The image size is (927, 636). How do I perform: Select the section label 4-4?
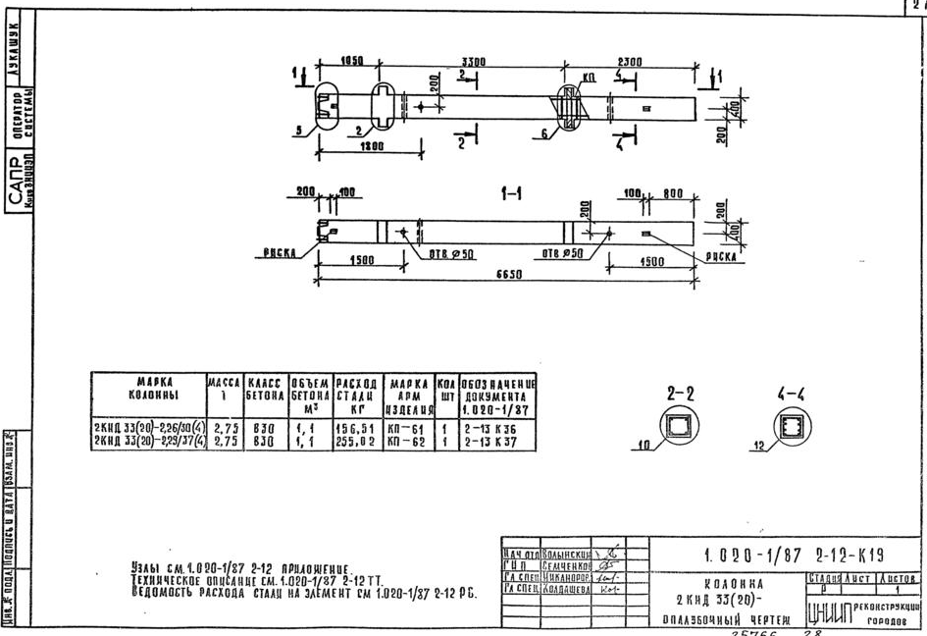tap(791, 394)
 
